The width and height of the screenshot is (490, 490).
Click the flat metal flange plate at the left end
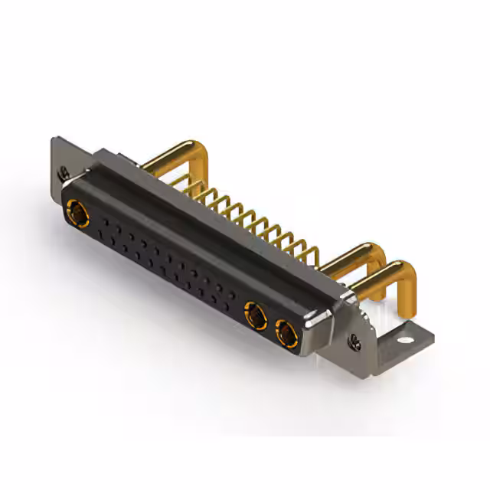point(60,157)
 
